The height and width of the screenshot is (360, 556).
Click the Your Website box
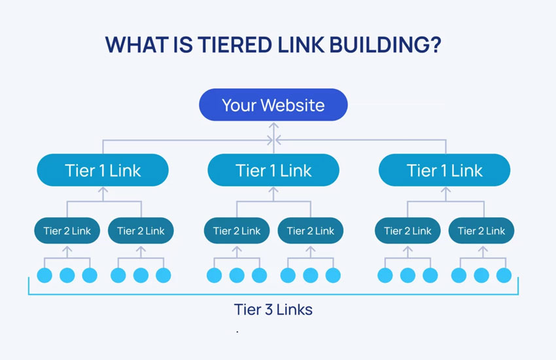click(x=273, y=105)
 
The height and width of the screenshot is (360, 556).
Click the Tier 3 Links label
click(x=273, y=309)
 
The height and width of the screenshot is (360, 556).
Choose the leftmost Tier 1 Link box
click(x=103, y=171)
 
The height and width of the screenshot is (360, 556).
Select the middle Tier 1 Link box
click(x=273, y=171)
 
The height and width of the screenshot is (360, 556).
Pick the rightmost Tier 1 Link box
click(x=444, y=171)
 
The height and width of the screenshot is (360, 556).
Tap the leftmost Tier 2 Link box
click(x=67, y=230)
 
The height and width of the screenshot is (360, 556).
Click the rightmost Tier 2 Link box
click(x=481, y=230)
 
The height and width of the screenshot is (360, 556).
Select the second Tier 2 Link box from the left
click(x=141, y=230)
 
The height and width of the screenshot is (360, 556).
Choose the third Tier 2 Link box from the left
click(x=237, y=230)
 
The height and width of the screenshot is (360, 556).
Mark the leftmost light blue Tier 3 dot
click(x=44, y=276)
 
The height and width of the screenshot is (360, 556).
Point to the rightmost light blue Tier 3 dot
click(x=503, y=276)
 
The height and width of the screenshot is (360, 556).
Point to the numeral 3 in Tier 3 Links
click(x=267, y=309)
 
